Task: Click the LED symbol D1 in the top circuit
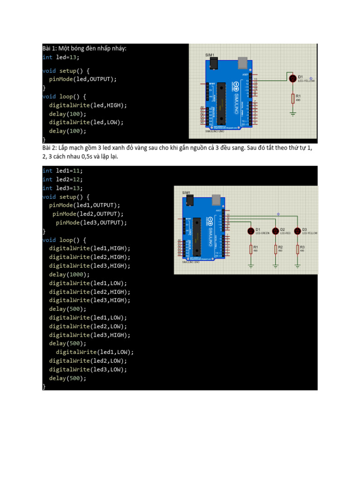(293, 78)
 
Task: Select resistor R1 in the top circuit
(293, 98)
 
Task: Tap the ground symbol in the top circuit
(293, 113)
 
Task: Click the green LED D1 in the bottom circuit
(251, 231)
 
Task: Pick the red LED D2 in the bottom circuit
(275, 231)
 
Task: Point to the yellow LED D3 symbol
(297, 231)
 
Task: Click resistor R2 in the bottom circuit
(275, 249)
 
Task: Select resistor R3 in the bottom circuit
(297, 249)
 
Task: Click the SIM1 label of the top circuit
(209, 55)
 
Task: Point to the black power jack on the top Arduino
(215, 63)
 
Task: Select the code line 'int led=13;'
(61, 57)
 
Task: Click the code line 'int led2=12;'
(62, 180)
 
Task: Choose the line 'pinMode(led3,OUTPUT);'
(91, 223)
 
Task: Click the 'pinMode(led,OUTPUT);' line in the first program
(82, 79)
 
